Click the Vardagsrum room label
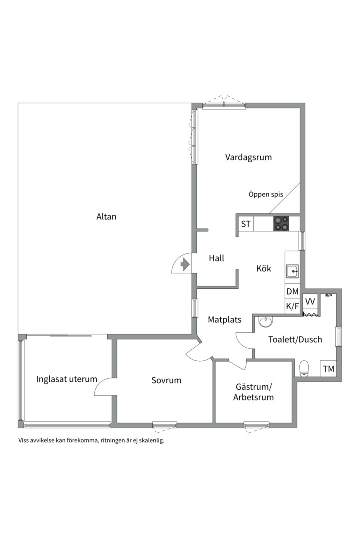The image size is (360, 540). (248, 157)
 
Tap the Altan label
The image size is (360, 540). (106, 217)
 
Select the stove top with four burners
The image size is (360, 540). (281, 224)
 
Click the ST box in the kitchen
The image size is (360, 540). (246, 224)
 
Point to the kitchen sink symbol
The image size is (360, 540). (292, 271)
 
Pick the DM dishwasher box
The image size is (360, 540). (292, 291)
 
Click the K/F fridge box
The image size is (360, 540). (292, 306)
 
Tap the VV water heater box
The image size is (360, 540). (310, 302)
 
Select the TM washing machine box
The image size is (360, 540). (328, 369)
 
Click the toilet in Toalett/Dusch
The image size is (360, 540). (304, 369)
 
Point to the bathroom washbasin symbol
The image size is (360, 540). (265, 322)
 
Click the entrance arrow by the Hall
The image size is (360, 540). (185, 264)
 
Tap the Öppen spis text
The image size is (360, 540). (266, 194)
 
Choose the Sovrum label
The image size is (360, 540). (166, 380)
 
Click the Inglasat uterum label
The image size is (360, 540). (67, 379)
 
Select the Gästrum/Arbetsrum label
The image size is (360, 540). (254, 392)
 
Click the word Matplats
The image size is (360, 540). (224, 320)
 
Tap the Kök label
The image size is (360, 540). (264, 268)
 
